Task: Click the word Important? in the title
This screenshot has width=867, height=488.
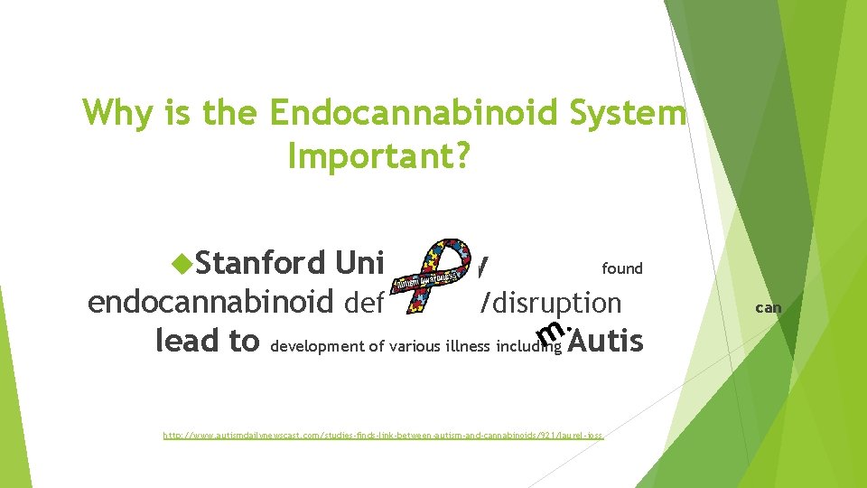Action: click(x=378, y=155)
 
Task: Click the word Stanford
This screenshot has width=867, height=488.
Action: click(x=260, y=263)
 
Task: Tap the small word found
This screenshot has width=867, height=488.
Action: click(x=622, y=268)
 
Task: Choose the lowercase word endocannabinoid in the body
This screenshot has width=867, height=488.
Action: click(x=211, y=303)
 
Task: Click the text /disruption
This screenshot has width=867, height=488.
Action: click(x=552, y=304)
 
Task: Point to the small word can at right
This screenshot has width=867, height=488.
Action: click(x=768, y=308)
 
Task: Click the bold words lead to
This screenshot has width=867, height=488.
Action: click(x=208, y=342)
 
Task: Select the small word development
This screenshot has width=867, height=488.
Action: click(x=317, y=346)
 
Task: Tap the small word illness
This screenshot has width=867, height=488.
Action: click(x=470, y=346)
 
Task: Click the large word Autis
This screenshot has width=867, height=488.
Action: click(x=606, y=341)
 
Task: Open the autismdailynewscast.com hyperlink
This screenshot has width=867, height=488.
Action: click(x=383, y=436)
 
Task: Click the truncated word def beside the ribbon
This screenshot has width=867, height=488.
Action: click(x=365, y=303)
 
